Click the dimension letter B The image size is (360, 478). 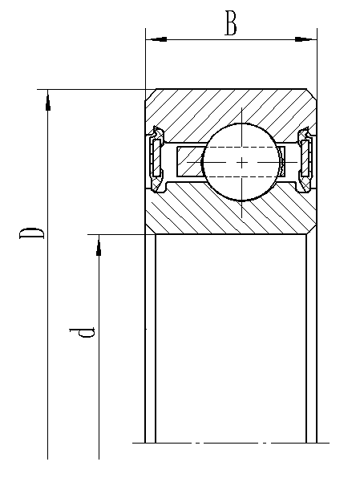(230, 23)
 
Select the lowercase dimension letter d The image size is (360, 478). (82, 332)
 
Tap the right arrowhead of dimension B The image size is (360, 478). (305, 39)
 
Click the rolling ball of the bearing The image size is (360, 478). (241, 162)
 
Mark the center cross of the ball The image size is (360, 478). (241, 163)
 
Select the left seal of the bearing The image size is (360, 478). (156, 160)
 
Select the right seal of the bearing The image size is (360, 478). (305, 160)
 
